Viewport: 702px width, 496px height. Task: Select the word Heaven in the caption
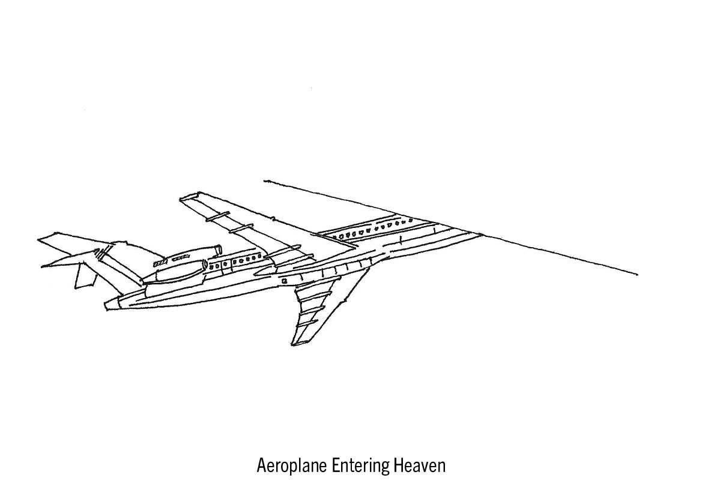pos(420,466)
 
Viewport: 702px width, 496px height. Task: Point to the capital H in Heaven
pos(398,466)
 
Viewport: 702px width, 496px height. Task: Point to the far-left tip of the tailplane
pos(39,241)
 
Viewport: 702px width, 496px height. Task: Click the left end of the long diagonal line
pos(265,180)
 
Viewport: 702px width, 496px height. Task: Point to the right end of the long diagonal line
pos(637,275)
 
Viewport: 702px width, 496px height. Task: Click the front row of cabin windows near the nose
pos(372,228)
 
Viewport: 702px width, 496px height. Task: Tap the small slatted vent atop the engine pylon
pos(160,263)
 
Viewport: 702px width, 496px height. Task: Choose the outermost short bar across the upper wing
pos(217,215)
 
